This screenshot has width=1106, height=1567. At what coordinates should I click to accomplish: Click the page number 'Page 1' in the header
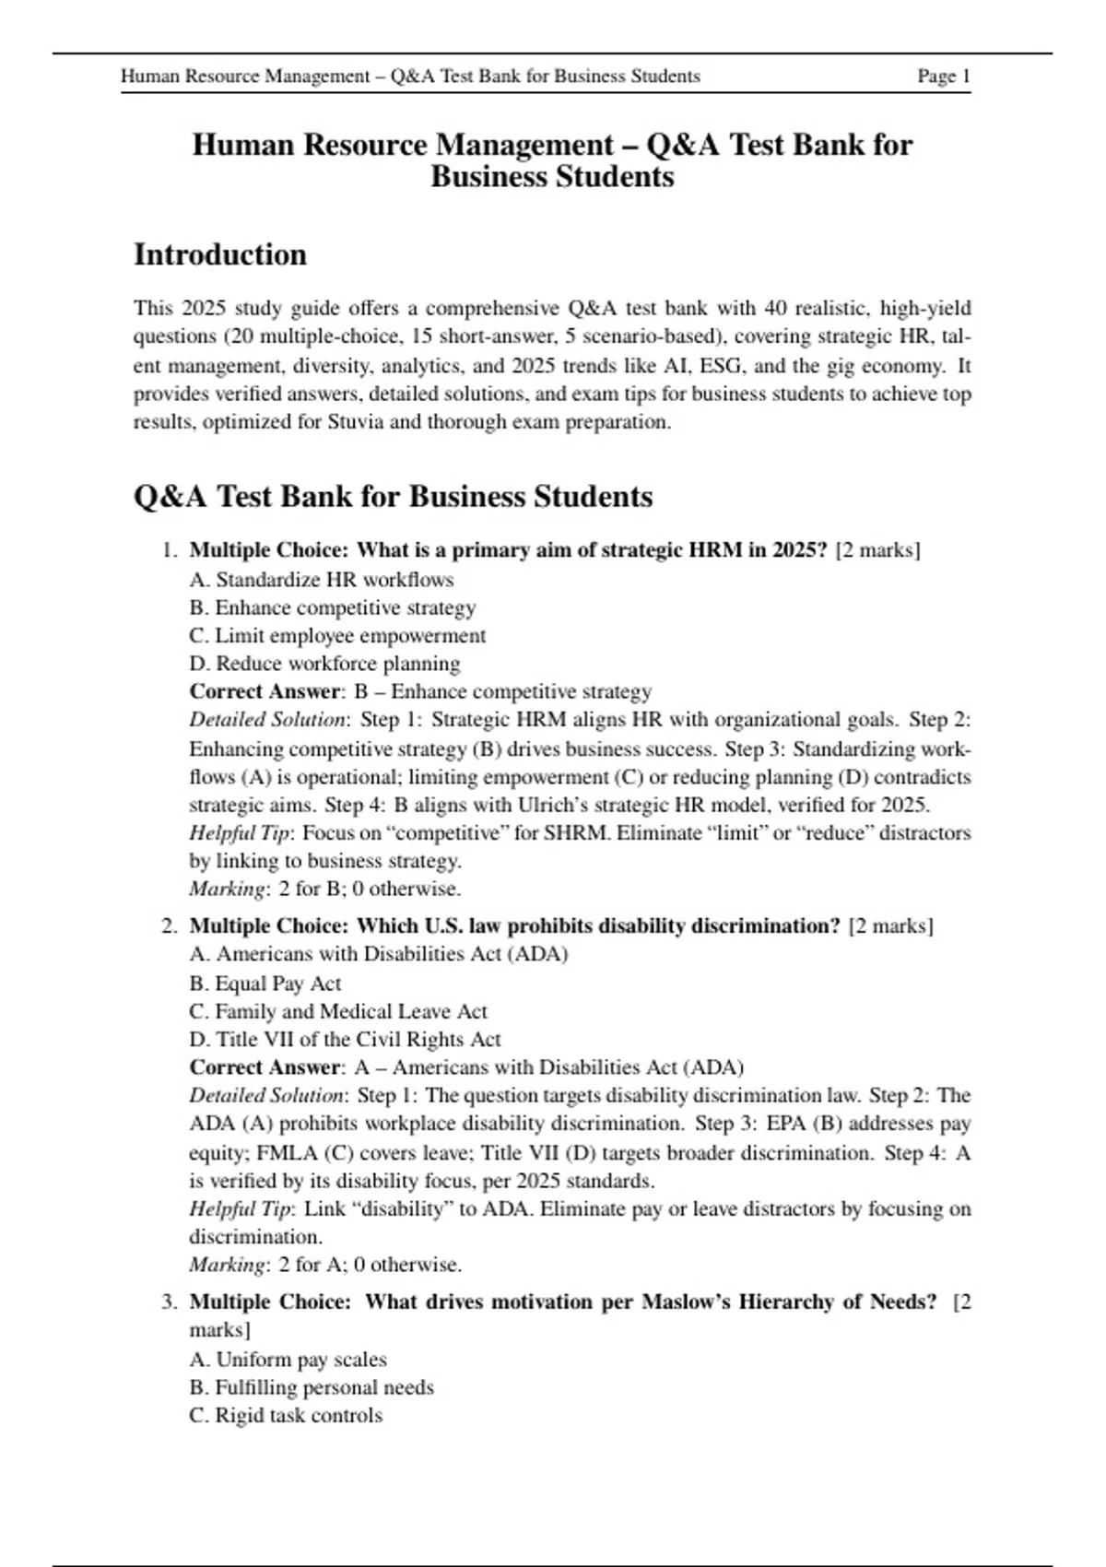click(943, 77)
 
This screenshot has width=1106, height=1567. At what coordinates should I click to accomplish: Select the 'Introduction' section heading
click(220, 254)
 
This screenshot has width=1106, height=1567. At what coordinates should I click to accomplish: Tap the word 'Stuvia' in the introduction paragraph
click(358, 422)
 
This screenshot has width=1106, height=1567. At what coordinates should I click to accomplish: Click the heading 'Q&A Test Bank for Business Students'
click(393, 497)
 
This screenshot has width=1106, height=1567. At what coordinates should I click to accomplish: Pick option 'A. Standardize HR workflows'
click(322, 580)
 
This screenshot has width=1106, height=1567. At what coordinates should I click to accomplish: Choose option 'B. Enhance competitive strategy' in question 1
click(333, 607)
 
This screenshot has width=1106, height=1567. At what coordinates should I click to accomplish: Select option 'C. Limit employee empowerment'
click(337, 636)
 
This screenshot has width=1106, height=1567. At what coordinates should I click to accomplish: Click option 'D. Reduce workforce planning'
click(324, 664)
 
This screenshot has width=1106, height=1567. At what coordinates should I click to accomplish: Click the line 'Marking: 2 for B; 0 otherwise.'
click(325, 890)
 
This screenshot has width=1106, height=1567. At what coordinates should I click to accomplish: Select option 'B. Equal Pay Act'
click(265, 984)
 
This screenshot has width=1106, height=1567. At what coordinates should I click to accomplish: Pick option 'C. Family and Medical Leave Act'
click(338, 1011)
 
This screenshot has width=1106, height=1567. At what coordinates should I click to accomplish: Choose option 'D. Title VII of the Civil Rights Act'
click(345, 1040)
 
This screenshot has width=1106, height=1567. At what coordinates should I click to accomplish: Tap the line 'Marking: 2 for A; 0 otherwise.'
click(325, 1265)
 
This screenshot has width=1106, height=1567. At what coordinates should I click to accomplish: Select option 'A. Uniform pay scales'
click(288, 1360)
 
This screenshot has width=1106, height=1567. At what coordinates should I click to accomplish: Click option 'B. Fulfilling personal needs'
click(312, 1387)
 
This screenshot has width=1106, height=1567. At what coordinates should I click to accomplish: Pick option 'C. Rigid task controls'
click(286, 1416)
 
